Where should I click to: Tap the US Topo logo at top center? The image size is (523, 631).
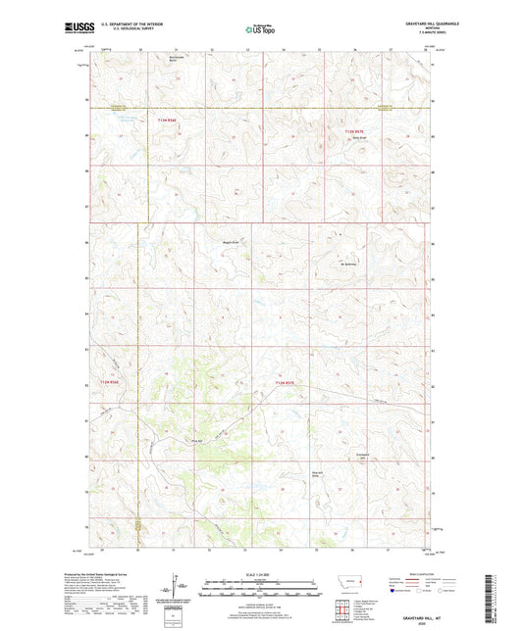(260, 31)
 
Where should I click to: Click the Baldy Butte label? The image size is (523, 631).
(360, 137)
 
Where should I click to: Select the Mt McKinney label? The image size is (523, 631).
(351, 262)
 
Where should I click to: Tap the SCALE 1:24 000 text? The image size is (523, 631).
(260, 574)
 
